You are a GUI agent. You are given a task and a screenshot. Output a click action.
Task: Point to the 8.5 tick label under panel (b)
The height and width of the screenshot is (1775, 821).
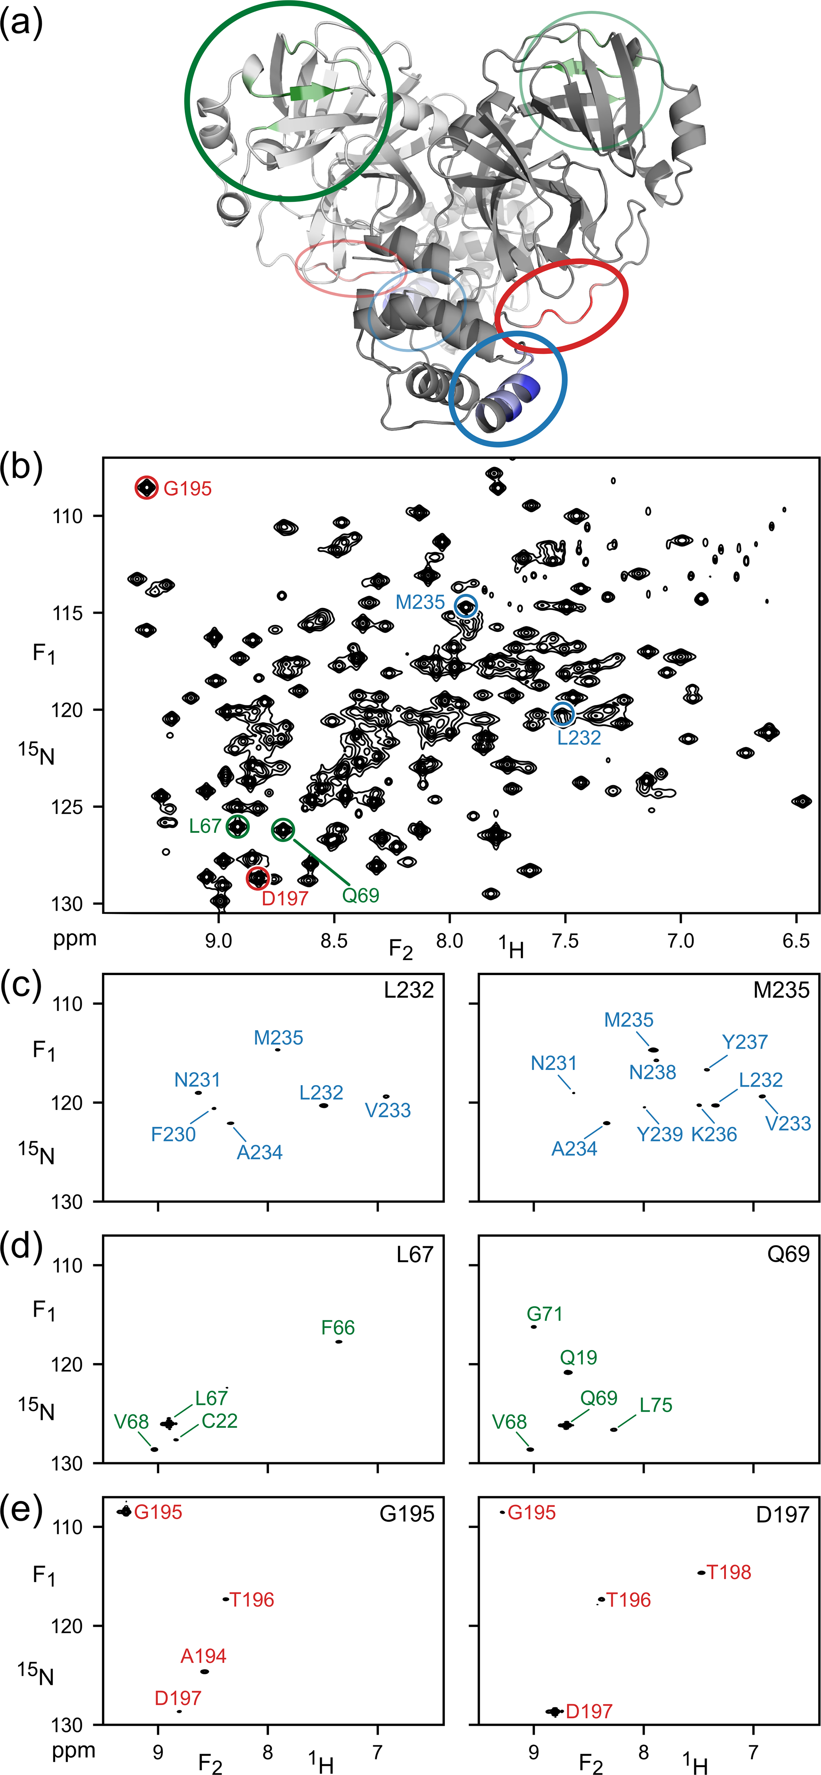[x=334, y=940]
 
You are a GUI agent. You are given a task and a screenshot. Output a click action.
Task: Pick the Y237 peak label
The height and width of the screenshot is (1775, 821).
[x=744, y=1042]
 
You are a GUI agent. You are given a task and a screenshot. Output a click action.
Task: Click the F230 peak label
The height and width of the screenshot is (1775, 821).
[x=173, y=1134]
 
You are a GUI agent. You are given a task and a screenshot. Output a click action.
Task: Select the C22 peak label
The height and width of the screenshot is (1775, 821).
[x=219, y=1421]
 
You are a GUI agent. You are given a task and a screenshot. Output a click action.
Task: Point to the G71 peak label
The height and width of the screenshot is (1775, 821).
[x=545, y=1314]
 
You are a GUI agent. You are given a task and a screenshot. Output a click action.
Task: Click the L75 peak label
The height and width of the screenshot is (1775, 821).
[x=655, y=1405]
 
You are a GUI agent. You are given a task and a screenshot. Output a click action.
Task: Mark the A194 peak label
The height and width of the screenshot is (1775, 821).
[x=203, y=1656]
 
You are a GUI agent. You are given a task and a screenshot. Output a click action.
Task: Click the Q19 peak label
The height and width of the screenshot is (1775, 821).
[x=578, y=1358]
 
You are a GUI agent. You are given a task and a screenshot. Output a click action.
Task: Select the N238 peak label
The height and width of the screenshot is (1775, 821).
[x=652, y=1072]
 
